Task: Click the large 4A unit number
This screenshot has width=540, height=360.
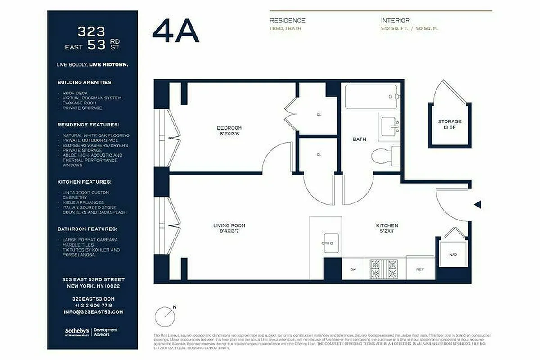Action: tap(175, 31)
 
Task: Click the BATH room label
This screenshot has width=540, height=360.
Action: tap(359, 139)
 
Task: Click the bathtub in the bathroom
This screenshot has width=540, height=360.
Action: tap(371, 97)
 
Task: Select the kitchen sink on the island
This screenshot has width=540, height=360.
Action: tap(332, 243)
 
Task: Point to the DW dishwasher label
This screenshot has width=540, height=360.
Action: tap(353, 270)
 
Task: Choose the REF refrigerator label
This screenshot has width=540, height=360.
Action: tap(420, 270)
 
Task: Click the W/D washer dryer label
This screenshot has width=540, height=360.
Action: tap(452, 255)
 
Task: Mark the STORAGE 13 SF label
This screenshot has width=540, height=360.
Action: tap(450, 124)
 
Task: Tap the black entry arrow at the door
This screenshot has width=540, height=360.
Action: tap(478, 205)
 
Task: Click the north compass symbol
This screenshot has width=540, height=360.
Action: tap(165, 316)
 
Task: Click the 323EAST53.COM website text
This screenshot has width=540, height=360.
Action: tap(93, 299)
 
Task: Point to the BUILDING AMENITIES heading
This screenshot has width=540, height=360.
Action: tap(85, 83)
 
